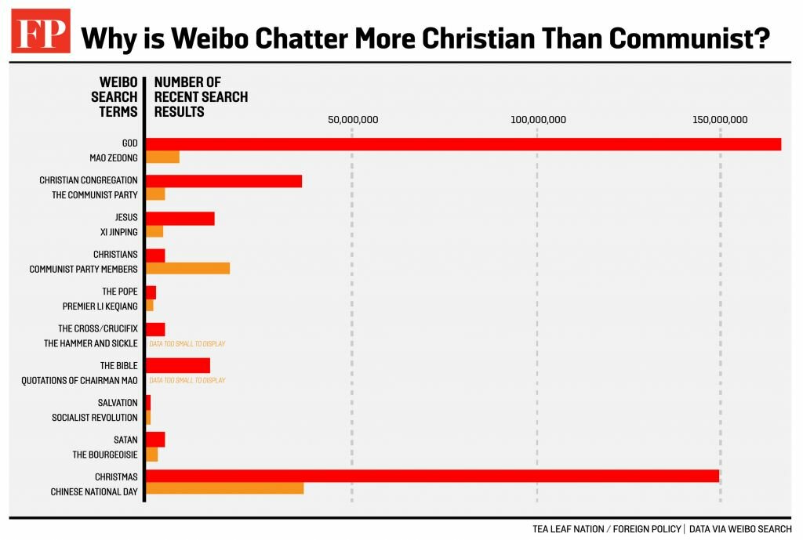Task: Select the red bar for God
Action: coord(463,143)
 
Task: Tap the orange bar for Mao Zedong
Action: coord(163,157)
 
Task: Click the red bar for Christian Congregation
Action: coord(224,181)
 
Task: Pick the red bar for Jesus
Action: coord(180,218)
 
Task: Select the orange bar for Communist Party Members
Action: coord(188,268)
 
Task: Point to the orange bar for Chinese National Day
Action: coord(225,489)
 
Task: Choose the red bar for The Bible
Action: coord(178,365)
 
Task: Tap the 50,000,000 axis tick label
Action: coord(353,120)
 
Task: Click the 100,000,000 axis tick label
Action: coord(538,120)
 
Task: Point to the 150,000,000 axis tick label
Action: coord(720,120)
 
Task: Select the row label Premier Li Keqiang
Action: coord(100,306)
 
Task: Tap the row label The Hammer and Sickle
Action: coord(91,343)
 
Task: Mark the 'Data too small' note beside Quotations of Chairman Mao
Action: coord(187,380)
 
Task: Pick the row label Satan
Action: coord(126,440)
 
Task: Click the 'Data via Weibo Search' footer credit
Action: coord(740,529)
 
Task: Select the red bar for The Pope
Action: coord(151,292)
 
